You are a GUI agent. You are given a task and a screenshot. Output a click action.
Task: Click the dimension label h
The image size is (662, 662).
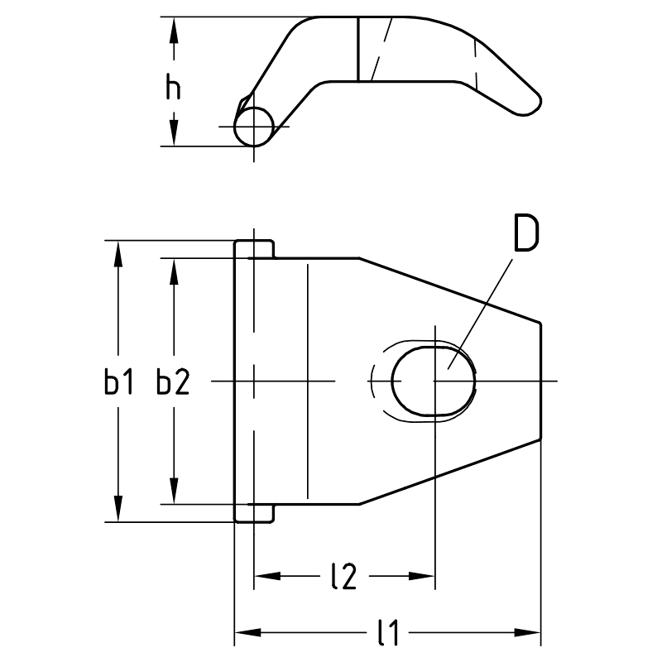[x=173, y=87]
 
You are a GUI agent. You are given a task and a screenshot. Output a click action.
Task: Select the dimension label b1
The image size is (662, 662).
[x=118, y=382]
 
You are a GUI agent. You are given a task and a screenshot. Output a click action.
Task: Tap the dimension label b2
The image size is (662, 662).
[x=173, y=382]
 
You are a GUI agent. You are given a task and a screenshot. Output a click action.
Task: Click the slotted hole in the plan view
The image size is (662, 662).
[x=434, y=381]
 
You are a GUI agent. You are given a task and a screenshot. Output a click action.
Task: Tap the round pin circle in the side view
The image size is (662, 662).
[x=254, y=127]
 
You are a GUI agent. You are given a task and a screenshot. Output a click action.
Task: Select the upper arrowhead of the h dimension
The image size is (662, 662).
[x=173, y=29]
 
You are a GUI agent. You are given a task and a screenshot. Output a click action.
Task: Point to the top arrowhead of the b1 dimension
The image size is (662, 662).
[x=118, y=253]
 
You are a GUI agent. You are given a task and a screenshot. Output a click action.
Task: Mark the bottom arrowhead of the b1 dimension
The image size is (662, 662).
[x=118, y=509]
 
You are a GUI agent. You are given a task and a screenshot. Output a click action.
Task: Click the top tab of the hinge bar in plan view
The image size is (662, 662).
[x=254, y=249]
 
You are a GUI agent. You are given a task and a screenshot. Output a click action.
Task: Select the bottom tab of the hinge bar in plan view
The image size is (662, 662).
[x=254, y=513]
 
